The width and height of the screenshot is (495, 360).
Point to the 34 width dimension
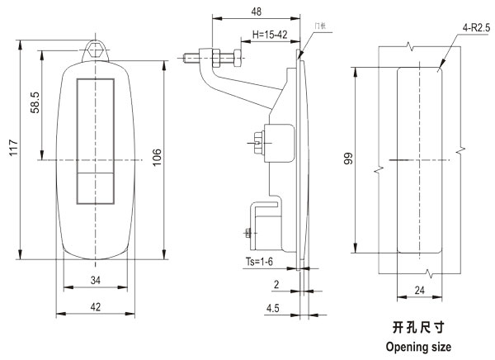95,281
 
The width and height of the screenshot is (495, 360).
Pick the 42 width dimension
95,306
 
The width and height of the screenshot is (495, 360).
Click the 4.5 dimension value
271,310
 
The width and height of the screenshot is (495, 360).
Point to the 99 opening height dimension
348,159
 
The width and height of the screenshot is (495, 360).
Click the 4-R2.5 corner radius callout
477,27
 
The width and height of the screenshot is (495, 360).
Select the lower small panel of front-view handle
94,187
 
